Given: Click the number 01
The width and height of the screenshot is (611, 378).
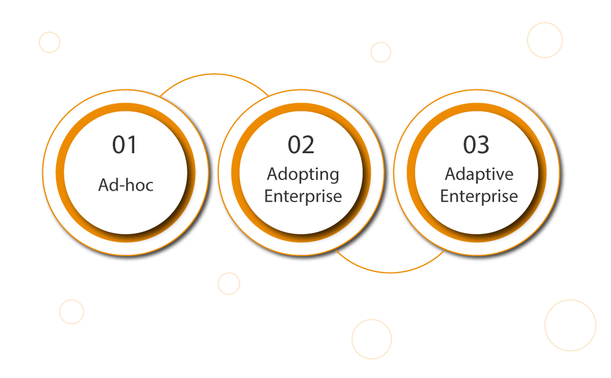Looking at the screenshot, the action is tap(124, 145).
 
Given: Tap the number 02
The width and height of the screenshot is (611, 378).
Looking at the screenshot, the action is tap(301, 145).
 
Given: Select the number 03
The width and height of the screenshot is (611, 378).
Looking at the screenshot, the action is tap(476, 145).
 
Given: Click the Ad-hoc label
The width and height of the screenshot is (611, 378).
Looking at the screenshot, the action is tap(125, 185).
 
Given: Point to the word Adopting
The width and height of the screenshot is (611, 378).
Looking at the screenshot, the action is tap(303, 175).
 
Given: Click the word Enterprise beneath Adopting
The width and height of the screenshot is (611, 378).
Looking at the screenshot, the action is tap(303, 196).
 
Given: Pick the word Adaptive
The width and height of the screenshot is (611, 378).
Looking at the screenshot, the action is tap(479, 175).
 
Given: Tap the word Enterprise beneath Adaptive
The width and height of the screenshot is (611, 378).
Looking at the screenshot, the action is tap(479, 196).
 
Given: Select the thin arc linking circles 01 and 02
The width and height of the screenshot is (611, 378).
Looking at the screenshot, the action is tap(214, 74).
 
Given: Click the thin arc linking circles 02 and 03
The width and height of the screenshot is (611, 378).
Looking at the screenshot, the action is tap(390, 272).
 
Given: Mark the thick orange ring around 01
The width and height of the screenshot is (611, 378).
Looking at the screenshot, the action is tap(60, 172).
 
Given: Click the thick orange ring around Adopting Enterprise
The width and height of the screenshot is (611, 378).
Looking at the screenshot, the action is tap(235, 172).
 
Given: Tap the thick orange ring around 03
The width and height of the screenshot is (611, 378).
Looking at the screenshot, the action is tap(411, 172).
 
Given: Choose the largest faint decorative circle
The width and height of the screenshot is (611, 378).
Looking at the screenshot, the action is tap(545, 326).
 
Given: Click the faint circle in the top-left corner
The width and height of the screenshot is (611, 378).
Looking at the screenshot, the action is tap(39, 42).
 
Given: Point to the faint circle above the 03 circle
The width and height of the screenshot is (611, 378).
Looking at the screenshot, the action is tap(527, 40).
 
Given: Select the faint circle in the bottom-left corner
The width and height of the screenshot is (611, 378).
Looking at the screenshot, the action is tap(60, 312).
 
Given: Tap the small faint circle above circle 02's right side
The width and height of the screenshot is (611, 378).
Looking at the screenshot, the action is tap(371, 52).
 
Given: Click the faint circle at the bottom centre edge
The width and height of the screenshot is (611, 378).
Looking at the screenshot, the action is tap(352, 339).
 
